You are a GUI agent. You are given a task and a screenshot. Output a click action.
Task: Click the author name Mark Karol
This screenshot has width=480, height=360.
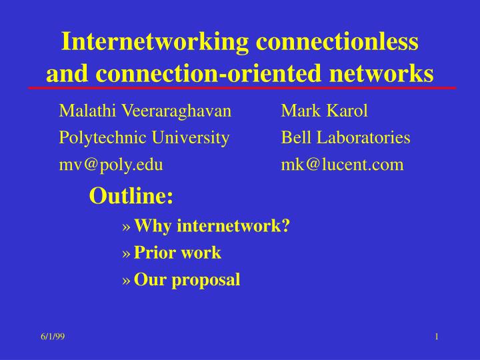[325, 111]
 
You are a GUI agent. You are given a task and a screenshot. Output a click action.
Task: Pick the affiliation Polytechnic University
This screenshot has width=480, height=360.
[145, 138]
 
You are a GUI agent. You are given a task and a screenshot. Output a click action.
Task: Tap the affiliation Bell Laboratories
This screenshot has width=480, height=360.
[345, 138]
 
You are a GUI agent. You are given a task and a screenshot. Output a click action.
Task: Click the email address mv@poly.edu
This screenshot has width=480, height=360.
[111, 164]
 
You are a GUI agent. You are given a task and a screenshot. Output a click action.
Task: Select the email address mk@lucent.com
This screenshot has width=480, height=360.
[342, 164]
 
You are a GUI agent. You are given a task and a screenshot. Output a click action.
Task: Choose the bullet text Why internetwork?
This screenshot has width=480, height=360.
[211, 227]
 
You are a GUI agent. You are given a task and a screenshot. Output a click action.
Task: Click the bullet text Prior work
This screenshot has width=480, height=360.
[177, 253]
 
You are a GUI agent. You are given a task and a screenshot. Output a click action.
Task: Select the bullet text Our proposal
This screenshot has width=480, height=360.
[187, 280]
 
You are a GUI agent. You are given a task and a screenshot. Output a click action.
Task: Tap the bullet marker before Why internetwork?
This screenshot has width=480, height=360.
[127, 228]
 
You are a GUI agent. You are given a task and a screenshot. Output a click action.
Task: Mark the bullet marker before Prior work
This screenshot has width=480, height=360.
[127, 255]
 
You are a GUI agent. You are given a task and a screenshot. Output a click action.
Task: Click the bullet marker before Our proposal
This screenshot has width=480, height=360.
[127, 281]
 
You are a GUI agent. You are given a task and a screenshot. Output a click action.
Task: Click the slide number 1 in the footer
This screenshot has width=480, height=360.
[436, 336]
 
